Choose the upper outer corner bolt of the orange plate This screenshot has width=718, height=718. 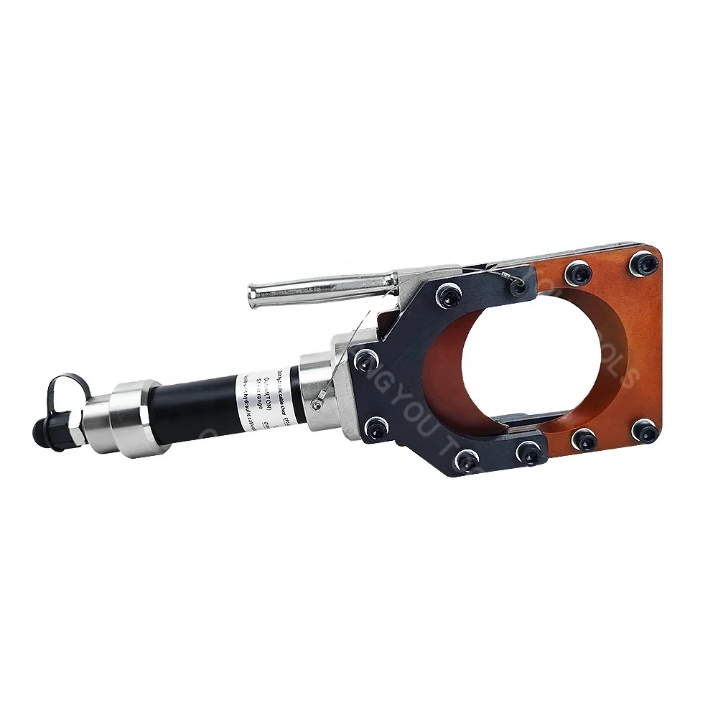[x=642, y=264]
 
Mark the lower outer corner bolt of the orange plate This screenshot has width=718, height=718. [x=644, y=432]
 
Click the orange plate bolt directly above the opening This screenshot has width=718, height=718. [x=578, y=273]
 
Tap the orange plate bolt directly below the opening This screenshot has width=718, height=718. [x=584, y=438]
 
